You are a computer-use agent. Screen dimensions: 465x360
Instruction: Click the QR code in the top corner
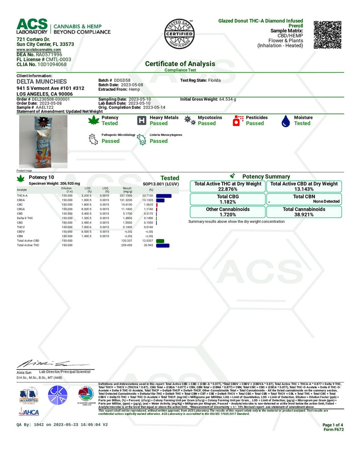coord(330,35)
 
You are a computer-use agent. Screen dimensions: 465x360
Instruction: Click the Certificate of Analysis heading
coord(180,64)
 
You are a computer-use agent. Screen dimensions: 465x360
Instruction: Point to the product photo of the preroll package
coord(44,141)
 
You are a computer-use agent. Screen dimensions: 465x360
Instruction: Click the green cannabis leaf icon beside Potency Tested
coord(94,120)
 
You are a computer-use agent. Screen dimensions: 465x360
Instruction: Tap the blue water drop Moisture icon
coord(286,120)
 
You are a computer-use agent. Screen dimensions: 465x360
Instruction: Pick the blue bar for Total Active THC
coord(162,245)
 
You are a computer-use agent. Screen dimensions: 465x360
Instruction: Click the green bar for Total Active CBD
coord(160,240)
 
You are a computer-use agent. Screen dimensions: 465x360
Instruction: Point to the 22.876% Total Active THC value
coord(227,189)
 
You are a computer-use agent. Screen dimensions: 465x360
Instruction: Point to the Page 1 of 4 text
coord(334,425)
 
